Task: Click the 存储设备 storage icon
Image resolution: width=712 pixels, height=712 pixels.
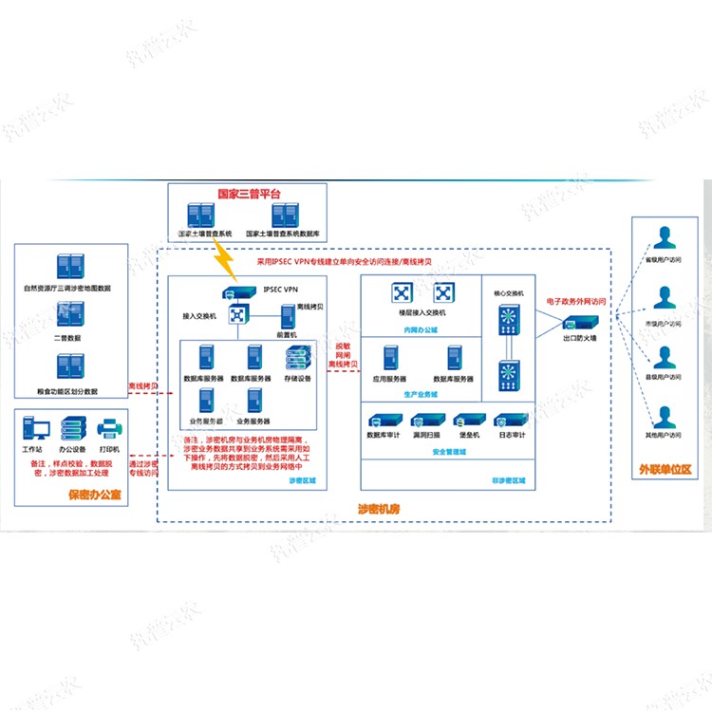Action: (296, 359)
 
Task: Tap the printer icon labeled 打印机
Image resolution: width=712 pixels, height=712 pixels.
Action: (107, 428)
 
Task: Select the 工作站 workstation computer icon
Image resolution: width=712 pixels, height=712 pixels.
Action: (30, 428)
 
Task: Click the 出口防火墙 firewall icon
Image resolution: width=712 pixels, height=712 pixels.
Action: (578, 323)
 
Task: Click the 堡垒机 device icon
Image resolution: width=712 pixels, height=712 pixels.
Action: (465, 421)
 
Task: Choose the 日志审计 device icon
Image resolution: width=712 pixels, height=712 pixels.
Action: (509, 421)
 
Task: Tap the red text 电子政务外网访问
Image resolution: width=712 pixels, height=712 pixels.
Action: (576, 301)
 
